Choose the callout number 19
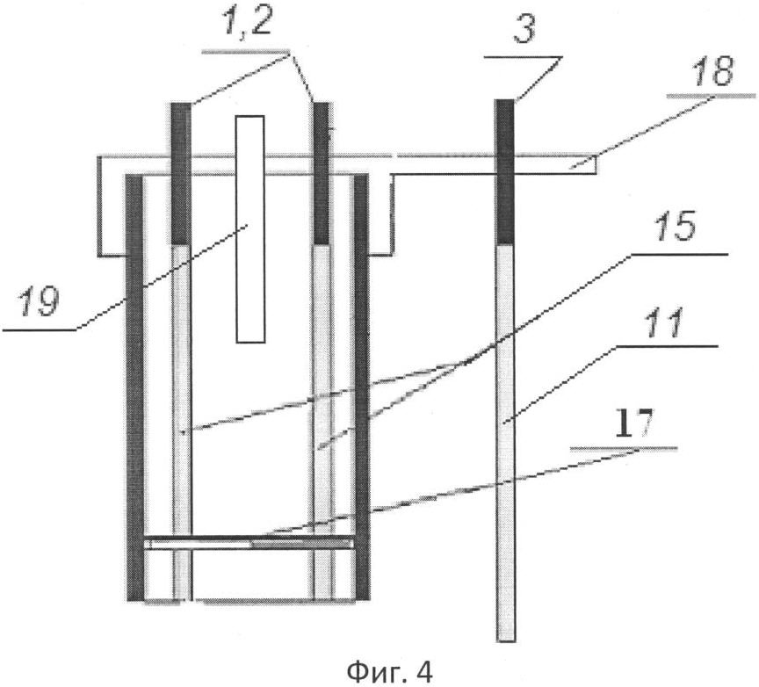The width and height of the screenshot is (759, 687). click(x=39, y=301)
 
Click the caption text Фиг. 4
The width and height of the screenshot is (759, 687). click(x=390, y=671)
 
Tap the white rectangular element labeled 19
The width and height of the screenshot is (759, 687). click(x=250, y=229)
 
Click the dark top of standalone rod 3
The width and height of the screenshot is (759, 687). click(x=505, y=172)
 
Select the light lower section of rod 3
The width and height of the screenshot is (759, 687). click(x=506, y=443)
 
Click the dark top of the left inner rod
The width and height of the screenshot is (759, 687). click(x=182, y=173)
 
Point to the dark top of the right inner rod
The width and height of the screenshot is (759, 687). click(x=322, y=173)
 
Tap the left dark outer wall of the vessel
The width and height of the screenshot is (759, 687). click(x=135, y=387)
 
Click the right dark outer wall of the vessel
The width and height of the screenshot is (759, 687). click(x=362, y=387)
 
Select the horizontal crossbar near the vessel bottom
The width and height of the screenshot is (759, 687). click(x=249, y=542)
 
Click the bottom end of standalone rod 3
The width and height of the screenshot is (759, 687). click(x=506, y=641)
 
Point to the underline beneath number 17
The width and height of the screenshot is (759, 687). click(x=624, y=449)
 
